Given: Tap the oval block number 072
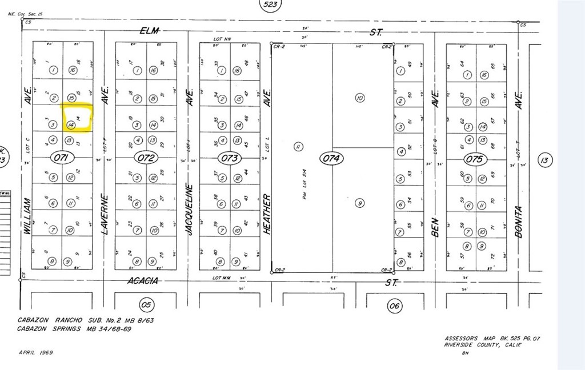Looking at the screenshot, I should [146, 158].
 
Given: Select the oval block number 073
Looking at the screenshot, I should [229, 158].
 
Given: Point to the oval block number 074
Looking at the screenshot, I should [331, 158].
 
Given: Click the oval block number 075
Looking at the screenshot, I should [475, 159].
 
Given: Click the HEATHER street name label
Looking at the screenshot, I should [267, 214].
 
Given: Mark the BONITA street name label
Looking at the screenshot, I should [519, 221].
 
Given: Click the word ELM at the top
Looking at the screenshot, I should [151, 31].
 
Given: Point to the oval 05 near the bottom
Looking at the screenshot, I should [146, 305].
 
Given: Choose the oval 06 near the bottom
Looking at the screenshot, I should [395, 306].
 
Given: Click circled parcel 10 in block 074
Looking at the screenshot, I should [359, 98].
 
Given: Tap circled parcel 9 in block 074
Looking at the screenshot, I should [359, 202].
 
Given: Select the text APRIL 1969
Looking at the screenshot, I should [36, 352].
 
